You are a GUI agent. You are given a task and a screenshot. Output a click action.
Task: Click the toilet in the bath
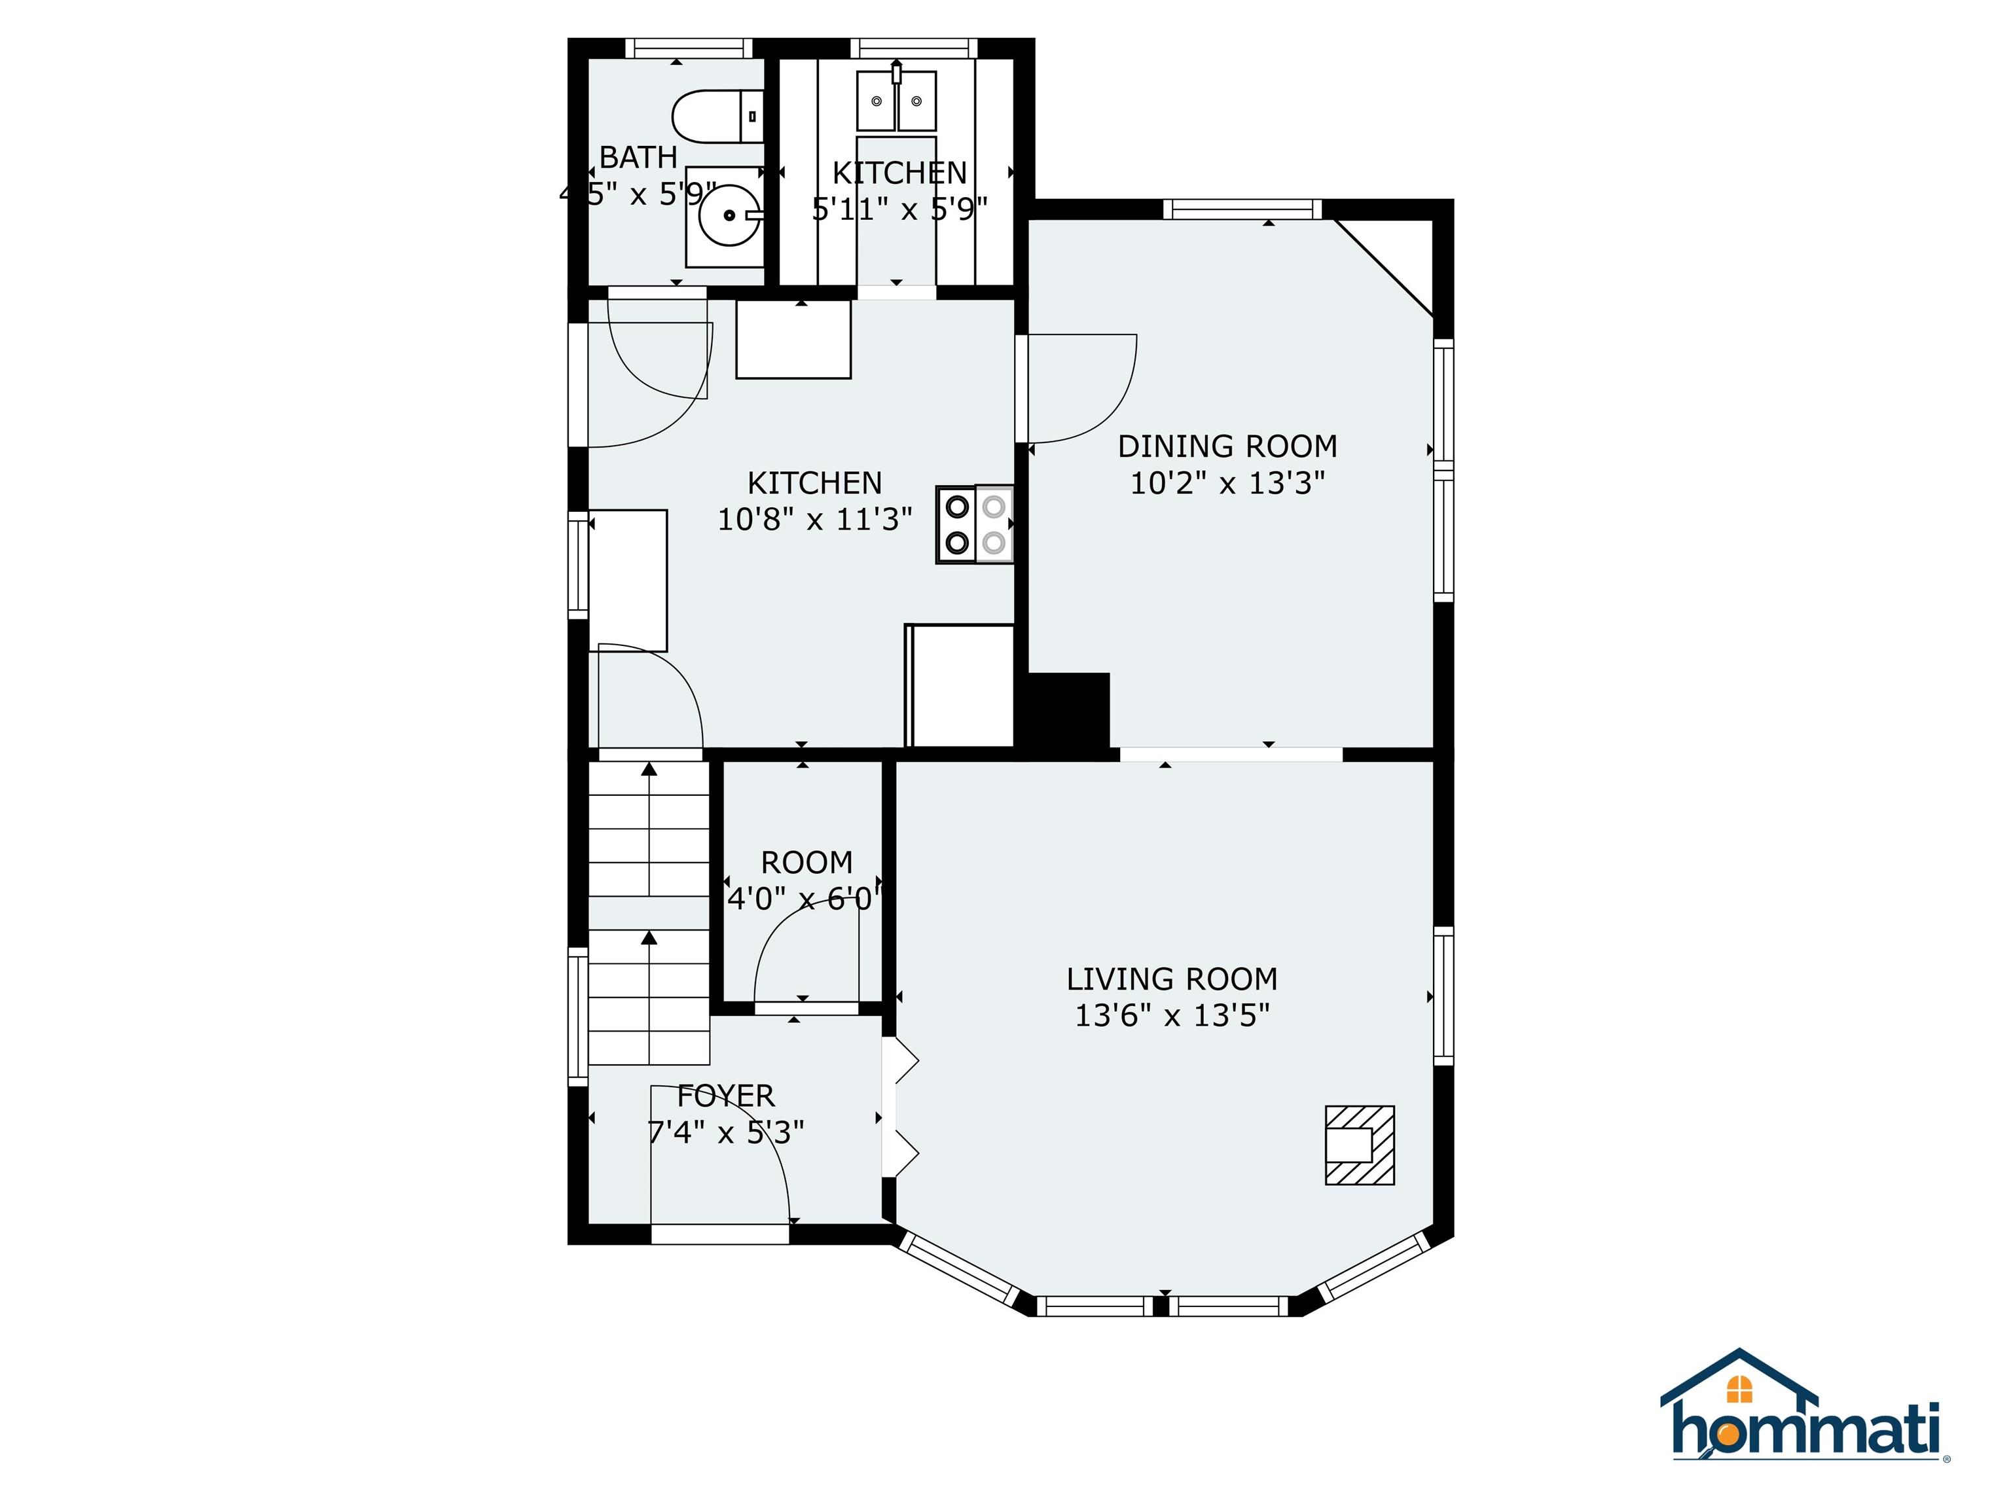pyautogui.click(x=714, y=117)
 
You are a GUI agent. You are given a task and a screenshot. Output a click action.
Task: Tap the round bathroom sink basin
pyautogui.click(x=729, y=215)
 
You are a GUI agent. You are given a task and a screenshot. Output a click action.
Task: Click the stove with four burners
pyautogui.click(x=975, y=524)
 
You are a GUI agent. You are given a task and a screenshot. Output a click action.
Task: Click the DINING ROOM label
pyautogui.click(x=1227, y=446)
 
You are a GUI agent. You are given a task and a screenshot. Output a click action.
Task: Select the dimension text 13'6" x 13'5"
pyautogui.click(x=1172, y=1014)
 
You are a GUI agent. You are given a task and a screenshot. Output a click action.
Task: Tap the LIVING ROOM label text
pyautogui.click(x=1172, y=979)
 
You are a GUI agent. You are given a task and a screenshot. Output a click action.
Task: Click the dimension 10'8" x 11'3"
pyautogui.click(x=814, y=519)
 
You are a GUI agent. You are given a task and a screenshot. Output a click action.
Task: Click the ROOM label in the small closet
pyautogui.click(x=806, y=862)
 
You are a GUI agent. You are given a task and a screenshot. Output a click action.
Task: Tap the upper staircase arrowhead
pyautogui.click(x=649, y=769)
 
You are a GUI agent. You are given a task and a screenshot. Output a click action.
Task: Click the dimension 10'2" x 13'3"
pyautogui.click(x=1227, y=482)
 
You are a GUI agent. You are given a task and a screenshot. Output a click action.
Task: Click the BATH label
pyautogui.click(x=638, y=157)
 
